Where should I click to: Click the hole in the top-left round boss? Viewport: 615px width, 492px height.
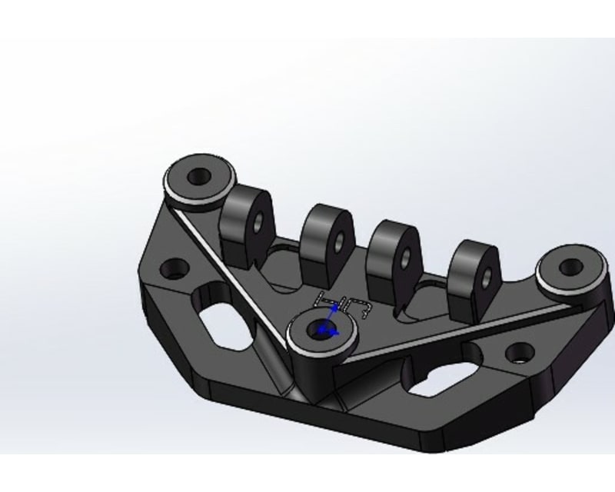tap(199, 175)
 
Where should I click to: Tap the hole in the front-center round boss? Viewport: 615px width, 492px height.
tap(321, 330)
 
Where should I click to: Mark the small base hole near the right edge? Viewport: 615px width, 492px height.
tap(519, 354)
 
